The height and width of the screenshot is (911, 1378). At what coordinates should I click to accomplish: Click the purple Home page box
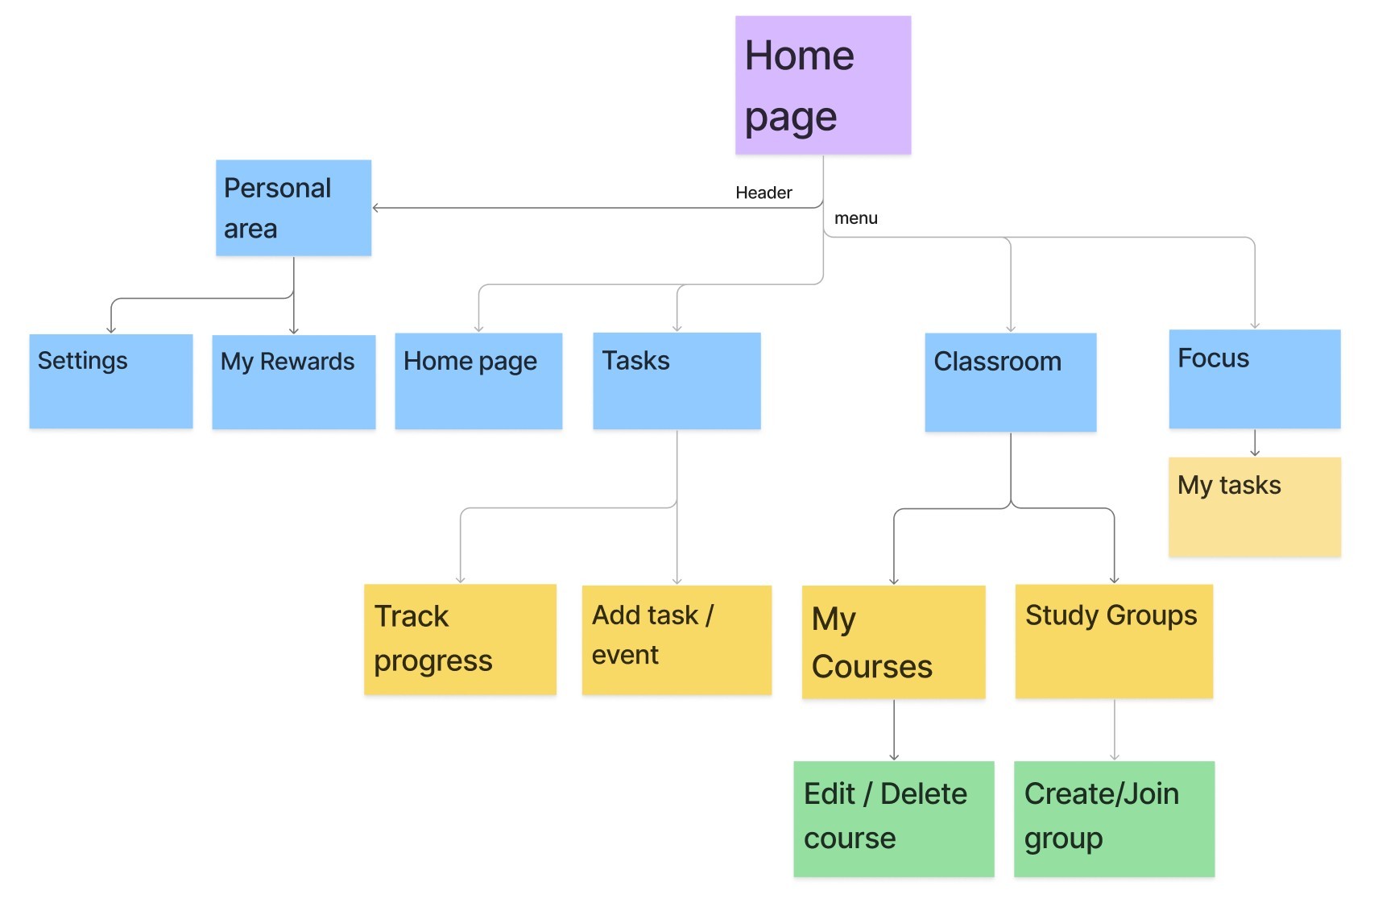(822, 85)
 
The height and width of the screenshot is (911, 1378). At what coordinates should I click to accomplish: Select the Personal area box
(293, 208)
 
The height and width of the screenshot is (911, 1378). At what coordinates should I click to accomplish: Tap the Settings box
(111, 381)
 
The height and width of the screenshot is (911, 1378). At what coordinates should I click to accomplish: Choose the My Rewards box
(293, 382)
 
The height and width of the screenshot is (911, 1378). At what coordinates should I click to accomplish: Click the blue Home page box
(478, 381)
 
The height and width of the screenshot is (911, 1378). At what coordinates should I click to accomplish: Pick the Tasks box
(677, 381)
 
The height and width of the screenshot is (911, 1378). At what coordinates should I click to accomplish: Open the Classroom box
(1010, 383)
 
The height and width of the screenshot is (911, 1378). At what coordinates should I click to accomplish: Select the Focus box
(1254, 379)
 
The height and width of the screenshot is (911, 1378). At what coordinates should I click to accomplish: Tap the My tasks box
(1254, 507)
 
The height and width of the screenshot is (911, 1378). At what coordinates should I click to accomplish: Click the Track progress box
(460, 640)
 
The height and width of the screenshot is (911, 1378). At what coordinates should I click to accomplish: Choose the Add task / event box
(677, 640)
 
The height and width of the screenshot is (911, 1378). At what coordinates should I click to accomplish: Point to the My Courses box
(893, 642)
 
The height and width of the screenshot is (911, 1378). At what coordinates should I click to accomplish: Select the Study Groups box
(1114, 641)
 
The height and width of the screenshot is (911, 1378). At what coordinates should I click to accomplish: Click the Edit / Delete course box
(893, 818)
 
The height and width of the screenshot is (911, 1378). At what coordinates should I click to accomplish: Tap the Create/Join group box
(1114, 818)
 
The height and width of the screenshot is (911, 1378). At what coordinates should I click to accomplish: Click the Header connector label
(763, 193)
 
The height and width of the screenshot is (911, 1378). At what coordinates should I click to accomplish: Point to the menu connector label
(855, 218)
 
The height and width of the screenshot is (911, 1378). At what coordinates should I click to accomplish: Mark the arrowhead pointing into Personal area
(376, 208)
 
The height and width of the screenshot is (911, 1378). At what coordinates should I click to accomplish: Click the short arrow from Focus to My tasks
(1254, 443)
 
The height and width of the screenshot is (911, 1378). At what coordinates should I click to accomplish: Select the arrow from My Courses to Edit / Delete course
(893, 730)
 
